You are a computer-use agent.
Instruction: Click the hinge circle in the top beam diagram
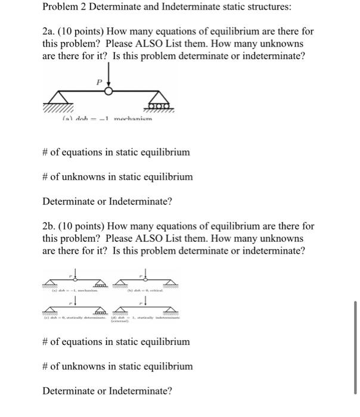click(109, 91)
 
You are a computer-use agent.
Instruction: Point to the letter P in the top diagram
click(100, 80)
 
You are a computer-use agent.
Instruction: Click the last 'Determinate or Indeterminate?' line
click(107, 391)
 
